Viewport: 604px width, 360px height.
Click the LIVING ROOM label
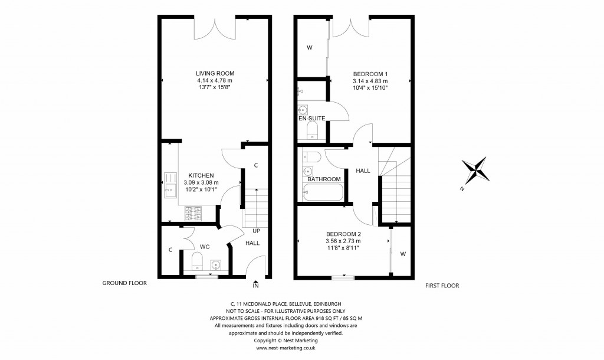point(215,73)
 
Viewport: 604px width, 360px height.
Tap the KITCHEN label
point(201,175)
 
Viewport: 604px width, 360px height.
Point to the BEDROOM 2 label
point(343,234)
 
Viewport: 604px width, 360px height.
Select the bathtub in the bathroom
point(323,192)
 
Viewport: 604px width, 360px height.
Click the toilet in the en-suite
point(313,129)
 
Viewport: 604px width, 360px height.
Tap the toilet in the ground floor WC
point(197,259)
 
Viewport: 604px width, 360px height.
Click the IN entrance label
point(255,286)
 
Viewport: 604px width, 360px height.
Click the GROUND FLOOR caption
point(124,283)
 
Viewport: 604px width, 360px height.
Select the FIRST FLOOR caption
point(442,286)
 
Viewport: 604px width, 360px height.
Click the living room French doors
point(217,27)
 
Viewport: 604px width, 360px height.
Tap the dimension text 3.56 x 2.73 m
point(343,241)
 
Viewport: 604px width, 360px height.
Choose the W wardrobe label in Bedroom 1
point(309,48)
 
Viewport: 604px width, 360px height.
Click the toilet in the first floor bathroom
point(312,157)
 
